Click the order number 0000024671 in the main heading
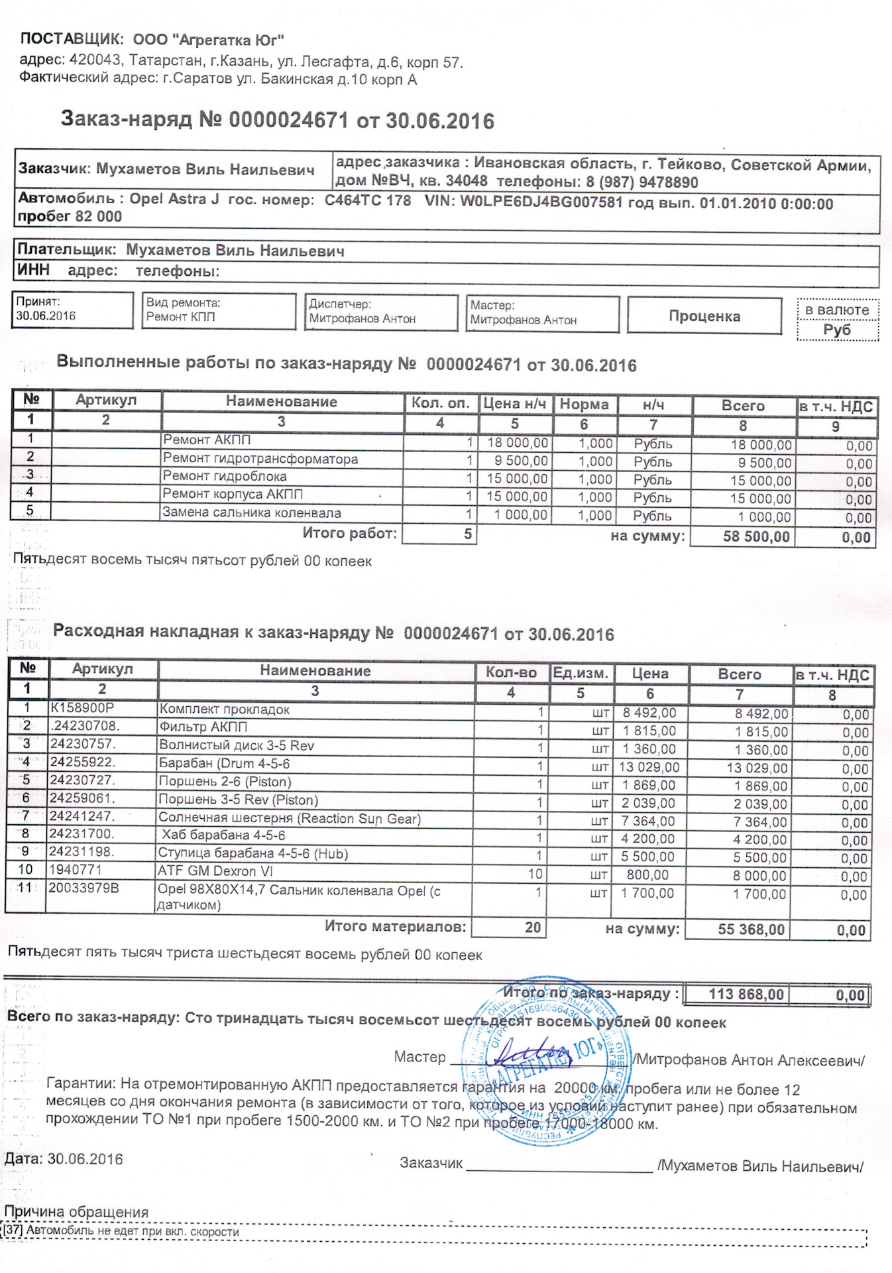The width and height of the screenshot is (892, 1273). point(288,120)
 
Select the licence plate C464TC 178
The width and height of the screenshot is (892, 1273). point(368,200)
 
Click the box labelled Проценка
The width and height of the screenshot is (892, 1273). point(704,316)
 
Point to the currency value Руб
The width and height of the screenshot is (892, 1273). point(837,330)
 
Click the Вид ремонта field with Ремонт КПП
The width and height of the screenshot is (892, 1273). point(219,310)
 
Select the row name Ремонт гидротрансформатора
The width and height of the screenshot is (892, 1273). point(260,459)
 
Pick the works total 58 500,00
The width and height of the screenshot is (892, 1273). point(756,536)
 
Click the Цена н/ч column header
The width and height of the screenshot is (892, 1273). point(515,404)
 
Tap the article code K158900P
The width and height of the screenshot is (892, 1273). point(82,708)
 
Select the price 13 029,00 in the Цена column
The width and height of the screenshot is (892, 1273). point(649,767)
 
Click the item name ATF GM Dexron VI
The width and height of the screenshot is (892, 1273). point(215,871)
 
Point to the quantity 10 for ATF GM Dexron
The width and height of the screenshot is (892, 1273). point(535,874)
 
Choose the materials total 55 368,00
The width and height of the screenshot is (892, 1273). point(751,930)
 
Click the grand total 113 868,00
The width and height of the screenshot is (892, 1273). point(746,995)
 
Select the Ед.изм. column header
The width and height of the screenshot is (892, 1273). point(581,674)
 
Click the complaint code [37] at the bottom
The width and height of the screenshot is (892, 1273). point(13,1231)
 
